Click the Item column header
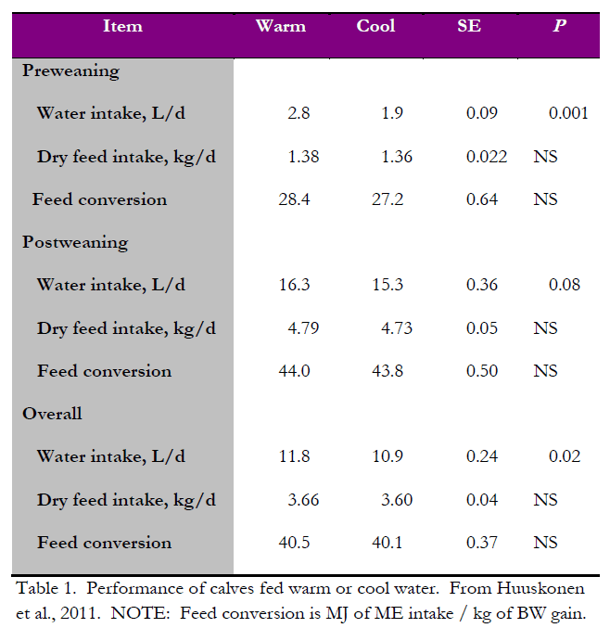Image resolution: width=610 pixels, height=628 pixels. pos(122,26)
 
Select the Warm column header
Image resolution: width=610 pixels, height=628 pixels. pos(280,26)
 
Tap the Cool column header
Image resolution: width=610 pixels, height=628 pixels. pos(375,26)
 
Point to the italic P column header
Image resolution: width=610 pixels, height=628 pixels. pos(559,26)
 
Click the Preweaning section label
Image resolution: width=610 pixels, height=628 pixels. pos(70,70)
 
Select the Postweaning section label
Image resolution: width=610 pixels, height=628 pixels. pos(75,242)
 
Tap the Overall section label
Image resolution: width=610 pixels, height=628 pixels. pos(52,414)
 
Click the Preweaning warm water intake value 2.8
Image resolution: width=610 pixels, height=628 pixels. pos(299,113)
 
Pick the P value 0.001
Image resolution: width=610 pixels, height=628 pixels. pos(568,113)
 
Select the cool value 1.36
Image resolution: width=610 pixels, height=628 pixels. pos(397,157)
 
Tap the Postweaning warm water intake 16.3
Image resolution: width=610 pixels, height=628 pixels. pos(294,285)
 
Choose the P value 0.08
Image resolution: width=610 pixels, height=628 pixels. pos(564,285)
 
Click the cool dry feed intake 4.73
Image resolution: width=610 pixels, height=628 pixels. pos(397,328)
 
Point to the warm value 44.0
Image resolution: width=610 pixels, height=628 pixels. pos(294,371)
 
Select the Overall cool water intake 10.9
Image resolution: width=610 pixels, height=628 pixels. pos(388,456)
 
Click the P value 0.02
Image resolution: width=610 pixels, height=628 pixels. pos(564,456)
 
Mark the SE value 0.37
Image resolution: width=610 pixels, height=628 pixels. pos(482,543)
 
